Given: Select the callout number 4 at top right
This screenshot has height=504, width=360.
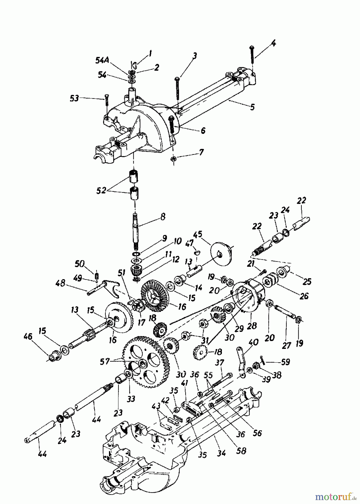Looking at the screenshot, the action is coord(273,43).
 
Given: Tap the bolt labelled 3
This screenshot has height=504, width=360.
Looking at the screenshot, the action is coord(177,88).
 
